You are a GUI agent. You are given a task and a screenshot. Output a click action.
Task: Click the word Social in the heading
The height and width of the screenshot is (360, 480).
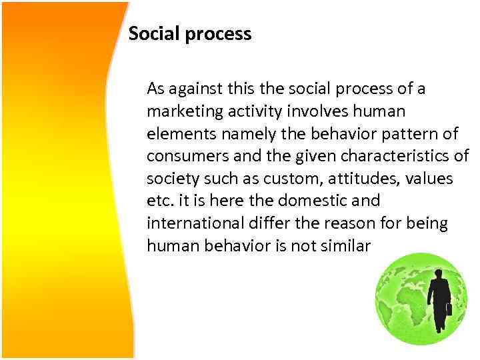151,33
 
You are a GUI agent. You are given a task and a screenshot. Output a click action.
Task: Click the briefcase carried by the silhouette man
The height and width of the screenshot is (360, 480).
449,309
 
